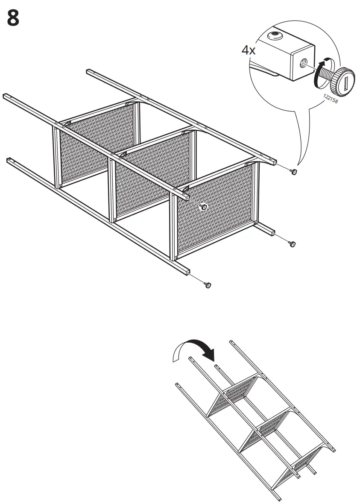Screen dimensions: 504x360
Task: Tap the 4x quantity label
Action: click(249, 50)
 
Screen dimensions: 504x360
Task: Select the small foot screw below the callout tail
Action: click(293, 171)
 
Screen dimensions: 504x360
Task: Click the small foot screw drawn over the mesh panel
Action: click(204, 207)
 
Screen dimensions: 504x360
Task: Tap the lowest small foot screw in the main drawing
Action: click(208, 284)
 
